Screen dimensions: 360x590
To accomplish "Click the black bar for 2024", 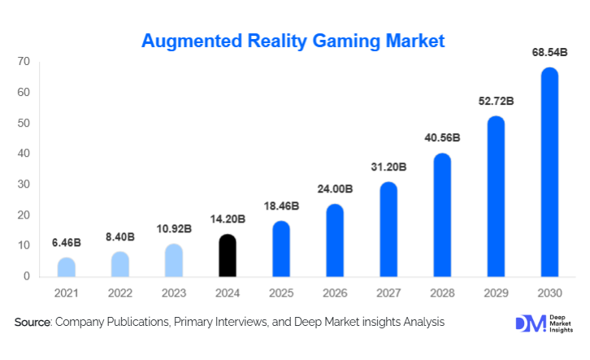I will click(228, 255).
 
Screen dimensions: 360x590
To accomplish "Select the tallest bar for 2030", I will click(549, 172).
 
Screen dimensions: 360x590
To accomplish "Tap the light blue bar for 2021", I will click(67, 267).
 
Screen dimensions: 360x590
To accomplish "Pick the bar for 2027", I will click(388, 229).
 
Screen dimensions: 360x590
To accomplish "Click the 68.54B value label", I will click(549, 53).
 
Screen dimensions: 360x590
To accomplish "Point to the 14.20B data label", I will click(228, 220).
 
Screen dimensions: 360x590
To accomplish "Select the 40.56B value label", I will click(442, 139).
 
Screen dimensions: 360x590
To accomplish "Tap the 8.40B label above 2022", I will click(120, 237).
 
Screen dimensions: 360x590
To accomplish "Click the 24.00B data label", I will click(335, 189).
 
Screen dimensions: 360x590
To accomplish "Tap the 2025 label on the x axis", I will click(281, 293).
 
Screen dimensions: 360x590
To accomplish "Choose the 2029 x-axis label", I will click(496, 293).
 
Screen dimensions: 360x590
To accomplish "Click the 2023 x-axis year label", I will click(174, 293).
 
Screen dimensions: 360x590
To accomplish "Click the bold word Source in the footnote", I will click(33, 323).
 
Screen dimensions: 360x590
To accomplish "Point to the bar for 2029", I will click(496, 197).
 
